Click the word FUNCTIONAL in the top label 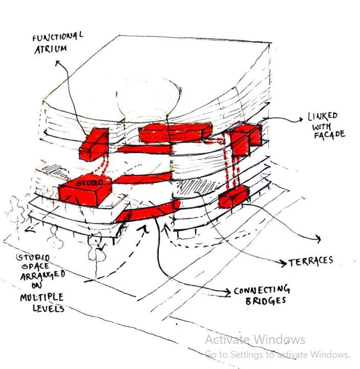click(57, 37)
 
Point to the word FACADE click(329, 135)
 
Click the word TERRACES click(311, 261)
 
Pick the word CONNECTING click(262, 290)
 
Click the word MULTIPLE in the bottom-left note click(41, 297)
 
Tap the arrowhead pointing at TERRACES click(284, 263)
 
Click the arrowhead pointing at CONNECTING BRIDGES click(228, 292)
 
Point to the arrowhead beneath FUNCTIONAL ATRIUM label click(57, 63)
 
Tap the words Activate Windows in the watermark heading click(255, 339)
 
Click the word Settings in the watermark click(241, 354)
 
